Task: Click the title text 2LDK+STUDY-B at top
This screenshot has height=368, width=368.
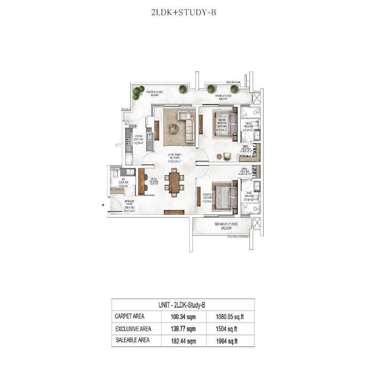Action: point(184,13)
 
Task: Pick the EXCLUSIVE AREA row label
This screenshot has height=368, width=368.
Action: point(133,329)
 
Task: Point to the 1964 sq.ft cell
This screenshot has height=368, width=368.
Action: point(227,341)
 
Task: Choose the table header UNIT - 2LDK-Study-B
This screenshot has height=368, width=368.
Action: point(183,305)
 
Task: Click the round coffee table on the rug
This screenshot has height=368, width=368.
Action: point(174,129)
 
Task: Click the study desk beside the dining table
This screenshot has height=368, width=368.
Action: point(141,181)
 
